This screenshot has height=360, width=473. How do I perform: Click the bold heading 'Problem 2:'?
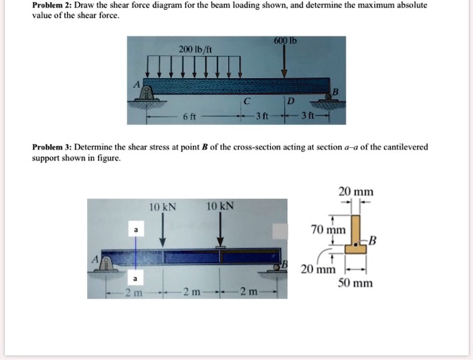[x=53, y=5]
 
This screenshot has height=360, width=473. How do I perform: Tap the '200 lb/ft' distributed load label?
[x=191, y=49]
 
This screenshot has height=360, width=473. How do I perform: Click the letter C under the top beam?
[x=245, y=101]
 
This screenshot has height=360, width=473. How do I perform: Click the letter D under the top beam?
[x=290, y=101]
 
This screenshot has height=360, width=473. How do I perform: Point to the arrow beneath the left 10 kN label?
[x=163, y=229]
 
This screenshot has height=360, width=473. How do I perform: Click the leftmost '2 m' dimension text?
[x=132, y=294]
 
